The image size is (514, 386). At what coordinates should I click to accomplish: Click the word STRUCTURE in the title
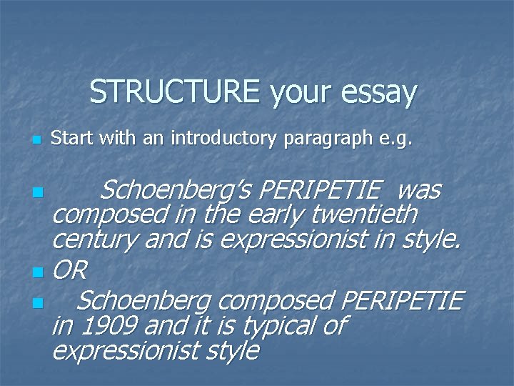(x=176, y=93)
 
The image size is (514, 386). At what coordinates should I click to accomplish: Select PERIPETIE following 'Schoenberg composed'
(x=403, y=300)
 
